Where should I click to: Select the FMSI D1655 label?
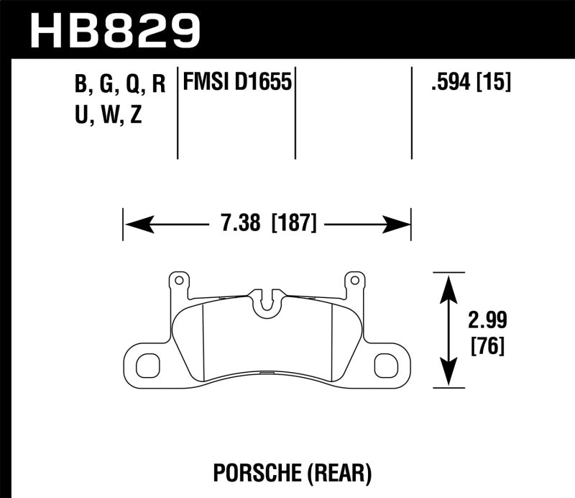pyautogui.click(x=237, y=83)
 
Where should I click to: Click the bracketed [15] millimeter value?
pyautogui.click(x=494, y=83)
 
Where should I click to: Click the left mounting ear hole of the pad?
pyautogui.click(x=147, y=365)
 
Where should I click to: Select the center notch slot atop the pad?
pyautogui.click(x=267, y=302)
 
